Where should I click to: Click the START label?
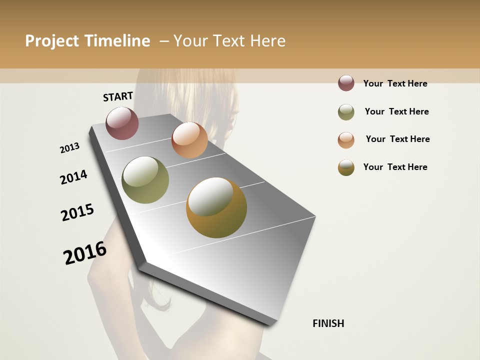point(118,96)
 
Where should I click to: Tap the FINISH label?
point(328,323)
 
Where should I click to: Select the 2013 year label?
point(69,148)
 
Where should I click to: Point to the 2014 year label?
point(73,177)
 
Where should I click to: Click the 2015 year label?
point(77,212)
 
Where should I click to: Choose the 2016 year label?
point(85,253)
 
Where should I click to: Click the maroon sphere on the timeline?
point(122,123)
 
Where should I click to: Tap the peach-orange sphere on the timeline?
point(189,140)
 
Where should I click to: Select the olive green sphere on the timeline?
point(145,180)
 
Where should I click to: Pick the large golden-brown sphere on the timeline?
point(216,207)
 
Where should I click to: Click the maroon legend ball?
point(346,83)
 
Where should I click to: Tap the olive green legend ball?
point(346,112)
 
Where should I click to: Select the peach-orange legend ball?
point(346,140)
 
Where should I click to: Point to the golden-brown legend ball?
point(346,167)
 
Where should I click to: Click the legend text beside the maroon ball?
point(395,83)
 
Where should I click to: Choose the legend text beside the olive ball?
point(396,111)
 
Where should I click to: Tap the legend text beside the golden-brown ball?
point(395,167)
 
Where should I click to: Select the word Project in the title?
point(52,41)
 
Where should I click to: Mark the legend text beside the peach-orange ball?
point(397,139)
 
